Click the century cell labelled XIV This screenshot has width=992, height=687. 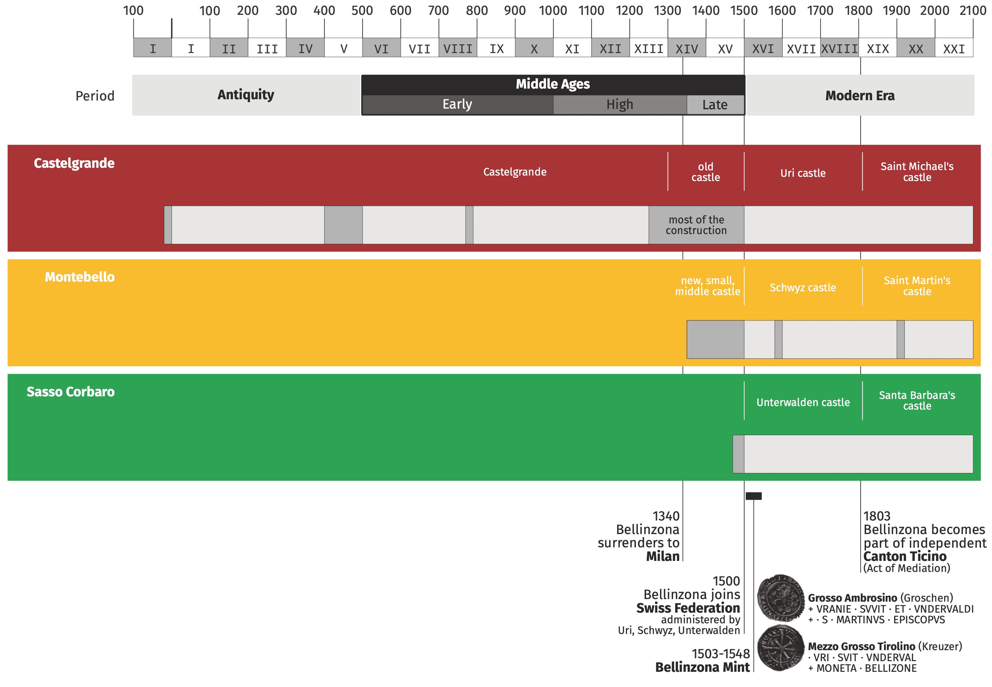tap(687, 48)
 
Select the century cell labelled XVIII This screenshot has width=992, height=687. tap(839, 48)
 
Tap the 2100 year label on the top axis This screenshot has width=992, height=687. tap(972, 10)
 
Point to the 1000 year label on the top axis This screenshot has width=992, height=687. tap(553, 10)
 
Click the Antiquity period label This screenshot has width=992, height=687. tap(246, 95)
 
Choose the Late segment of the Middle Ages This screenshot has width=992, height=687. tap(715, 105)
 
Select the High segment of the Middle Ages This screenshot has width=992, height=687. tap(619, 105)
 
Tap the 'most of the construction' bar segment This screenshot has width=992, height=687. tap(696, 225)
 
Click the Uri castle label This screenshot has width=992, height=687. tap(803, 173)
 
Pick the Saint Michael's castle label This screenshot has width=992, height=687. tap(917, 172)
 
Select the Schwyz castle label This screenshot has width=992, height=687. tap(803, 287)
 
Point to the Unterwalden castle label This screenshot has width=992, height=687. tap(803, 402)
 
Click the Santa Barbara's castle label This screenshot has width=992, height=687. tap(917, 400)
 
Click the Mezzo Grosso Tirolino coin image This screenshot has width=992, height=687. tap(780, 648)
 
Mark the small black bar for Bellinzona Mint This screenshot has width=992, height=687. tap(753, 496)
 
